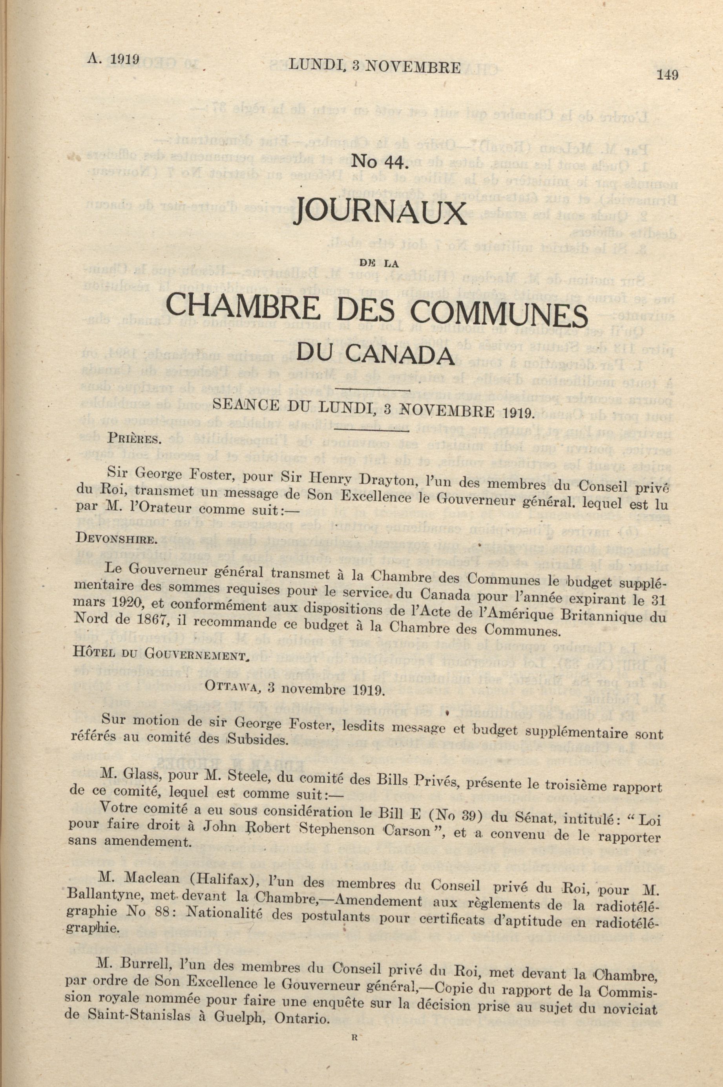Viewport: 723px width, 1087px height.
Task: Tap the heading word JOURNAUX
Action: tap(380, 211)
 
